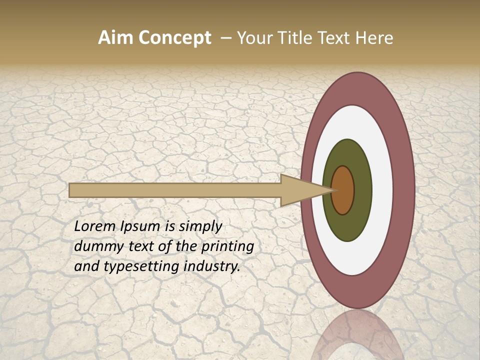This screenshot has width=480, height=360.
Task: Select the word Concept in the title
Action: click(174, 38)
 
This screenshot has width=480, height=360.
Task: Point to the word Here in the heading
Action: click(375, 38)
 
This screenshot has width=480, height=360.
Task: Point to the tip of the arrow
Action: click(334, 190)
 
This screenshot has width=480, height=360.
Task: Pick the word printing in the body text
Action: click(227, 247)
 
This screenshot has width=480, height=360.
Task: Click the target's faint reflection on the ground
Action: click(358, 337)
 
